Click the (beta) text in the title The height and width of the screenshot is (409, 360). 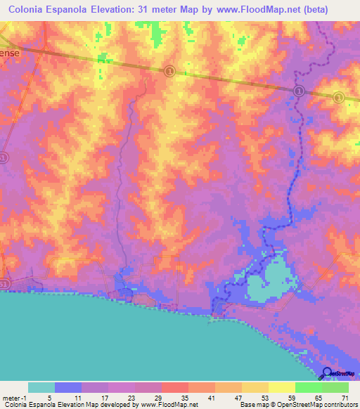tap(311, 10)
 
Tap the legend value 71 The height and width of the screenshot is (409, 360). tap(345, 398)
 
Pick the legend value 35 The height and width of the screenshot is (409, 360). tap(184, 398)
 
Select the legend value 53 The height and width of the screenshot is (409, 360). tap(264, 398)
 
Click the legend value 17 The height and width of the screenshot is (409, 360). tap(104, 398)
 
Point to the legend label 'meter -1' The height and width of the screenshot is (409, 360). tap(15, 398)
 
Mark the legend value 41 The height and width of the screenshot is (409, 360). tap(211, 398)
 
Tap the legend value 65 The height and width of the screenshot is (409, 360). tap(318, 398)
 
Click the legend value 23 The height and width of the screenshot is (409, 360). tap(131, 398)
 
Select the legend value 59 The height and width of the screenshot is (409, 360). tap(291, 398)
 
